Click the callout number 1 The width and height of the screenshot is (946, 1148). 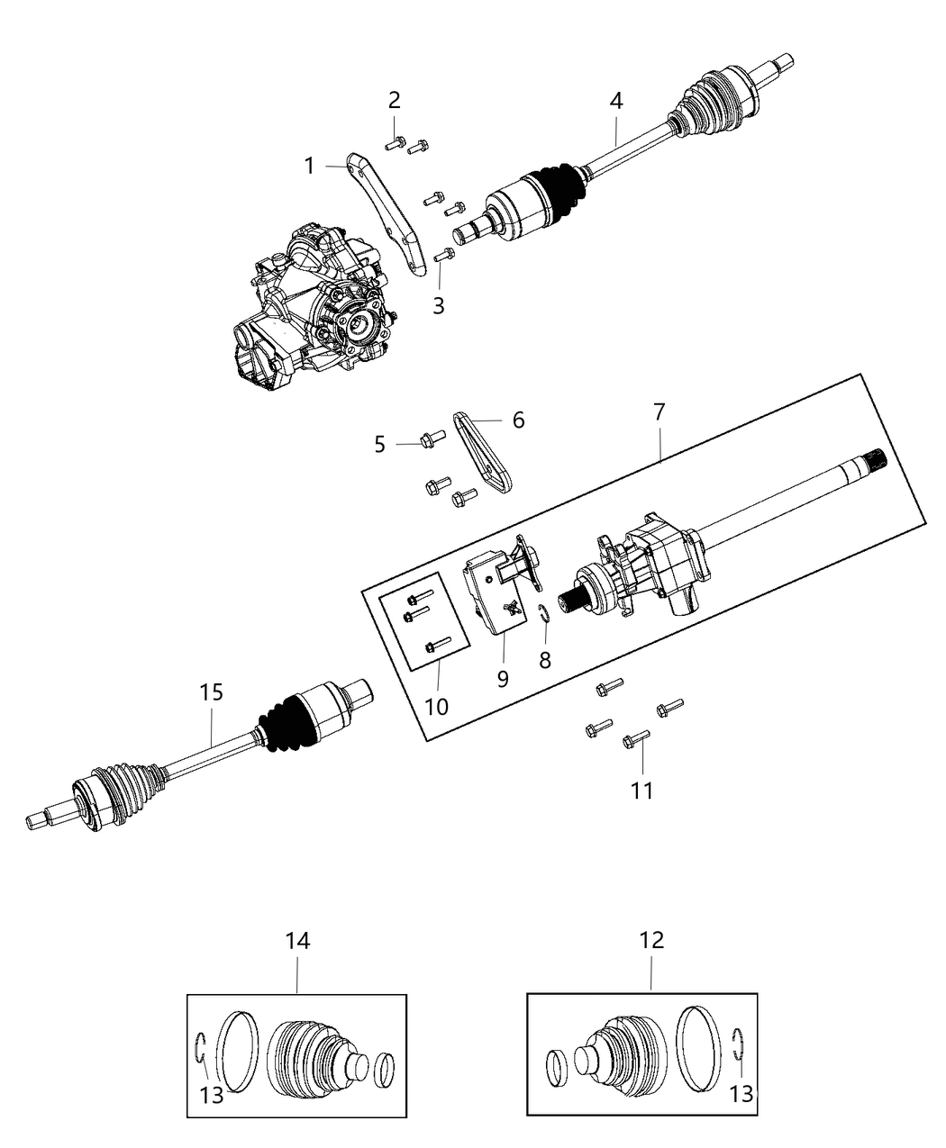click(309, 166)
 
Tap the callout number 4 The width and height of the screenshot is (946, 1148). click(615, 101)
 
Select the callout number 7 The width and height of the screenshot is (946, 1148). click(659, 412)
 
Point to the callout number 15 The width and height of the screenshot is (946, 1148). click(212, 692)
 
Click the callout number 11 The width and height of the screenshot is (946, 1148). click(641, 790)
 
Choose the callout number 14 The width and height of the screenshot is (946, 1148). click(297, 940)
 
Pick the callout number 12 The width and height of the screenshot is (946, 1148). click(651, 940)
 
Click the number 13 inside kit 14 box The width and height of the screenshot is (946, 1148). click(213, 1096)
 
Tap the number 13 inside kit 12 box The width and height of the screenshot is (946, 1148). click(741, 1096)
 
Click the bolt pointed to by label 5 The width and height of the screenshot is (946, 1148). click(427, 440)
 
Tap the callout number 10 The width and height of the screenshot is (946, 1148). click(436, 706)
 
